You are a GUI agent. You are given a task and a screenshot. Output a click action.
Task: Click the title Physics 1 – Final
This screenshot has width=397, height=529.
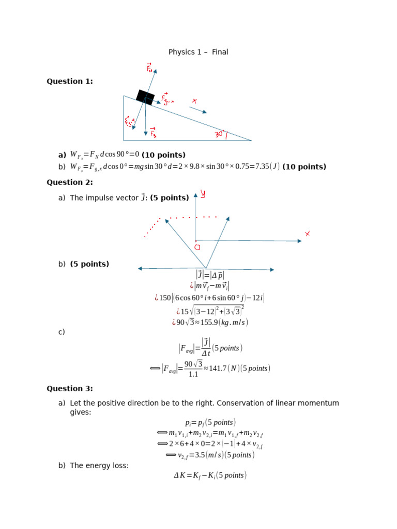tap(198, 52)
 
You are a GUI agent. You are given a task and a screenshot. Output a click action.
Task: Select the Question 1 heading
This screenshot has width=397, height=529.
tap(70, 81)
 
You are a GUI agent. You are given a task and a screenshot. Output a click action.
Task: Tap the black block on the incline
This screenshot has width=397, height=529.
tap(145, 97)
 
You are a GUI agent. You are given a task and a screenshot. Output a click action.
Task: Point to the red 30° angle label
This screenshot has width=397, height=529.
tap(221, 135)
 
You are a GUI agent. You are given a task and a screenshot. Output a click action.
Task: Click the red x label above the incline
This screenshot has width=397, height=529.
tap(194, 101)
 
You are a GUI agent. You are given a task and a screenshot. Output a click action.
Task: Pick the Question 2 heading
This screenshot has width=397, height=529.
tap(70, 182)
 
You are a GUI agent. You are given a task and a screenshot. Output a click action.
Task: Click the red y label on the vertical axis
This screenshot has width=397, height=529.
tap(203, 194)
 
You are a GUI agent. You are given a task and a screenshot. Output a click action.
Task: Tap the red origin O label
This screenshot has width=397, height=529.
tap(197, 247)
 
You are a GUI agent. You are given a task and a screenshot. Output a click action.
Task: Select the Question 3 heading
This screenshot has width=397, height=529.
tap(70, 388)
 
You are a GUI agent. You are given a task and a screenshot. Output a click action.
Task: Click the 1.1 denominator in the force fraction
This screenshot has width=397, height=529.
tap(193, 375)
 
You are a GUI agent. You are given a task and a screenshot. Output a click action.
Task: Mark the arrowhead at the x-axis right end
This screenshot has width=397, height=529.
tap(299, 241)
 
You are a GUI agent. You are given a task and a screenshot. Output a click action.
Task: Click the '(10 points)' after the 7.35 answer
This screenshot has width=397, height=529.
tap(304, 167)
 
